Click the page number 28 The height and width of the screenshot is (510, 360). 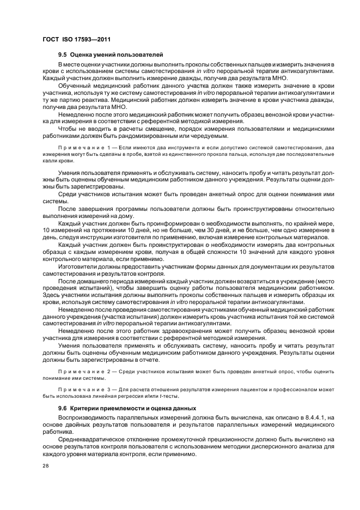tap(45, 466)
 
